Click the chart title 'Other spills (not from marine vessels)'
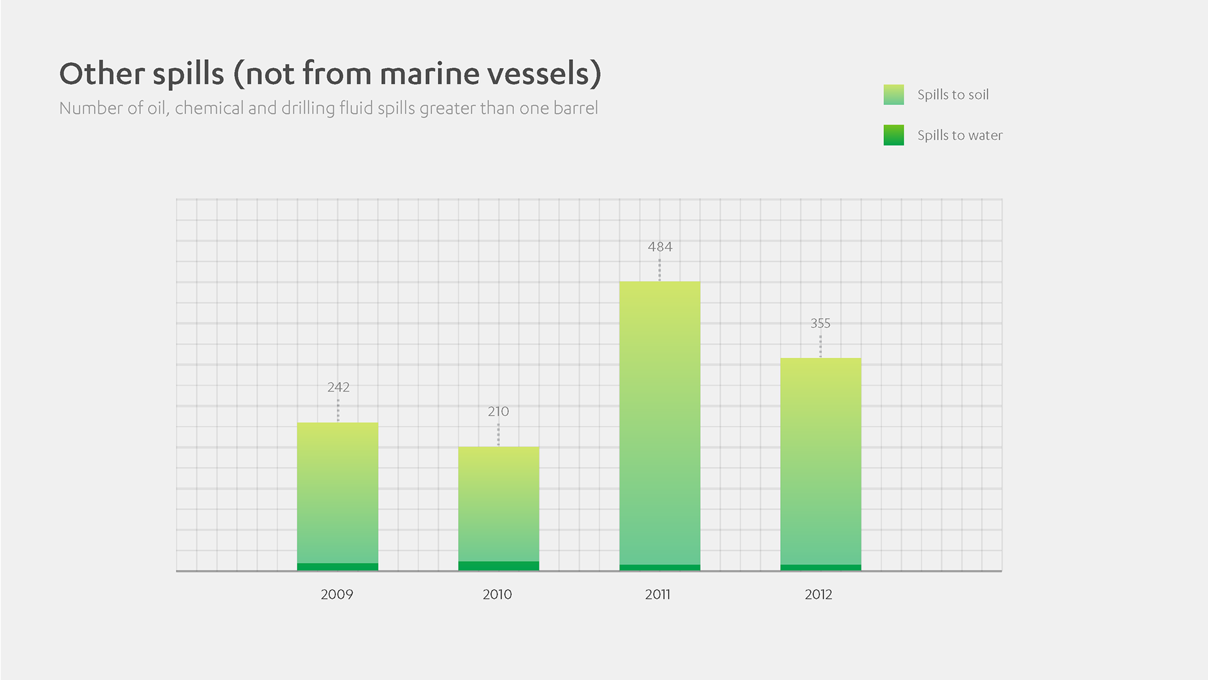(330, 74)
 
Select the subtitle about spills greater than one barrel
(328, 108)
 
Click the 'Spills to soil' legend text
(953, 95)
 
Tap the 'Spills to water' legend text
(959, 135)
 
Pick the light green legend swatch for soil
(893, 95)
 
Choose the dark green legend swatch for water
(893, 135)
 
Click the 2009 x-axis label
(337, 594)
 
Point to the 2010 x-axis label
(497, 594)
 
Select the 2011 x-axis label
(657, 594)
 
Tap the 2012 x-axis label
(818, 594)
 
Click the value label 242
(338, 387)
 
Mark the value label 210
(498, 412)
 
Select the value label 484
(660, 247)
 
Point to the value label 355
(820, 324)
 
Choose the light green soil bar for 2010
(498, 504)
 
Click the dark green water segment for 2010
(498, 566)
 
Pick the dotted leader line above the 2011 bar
(659, 269)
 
